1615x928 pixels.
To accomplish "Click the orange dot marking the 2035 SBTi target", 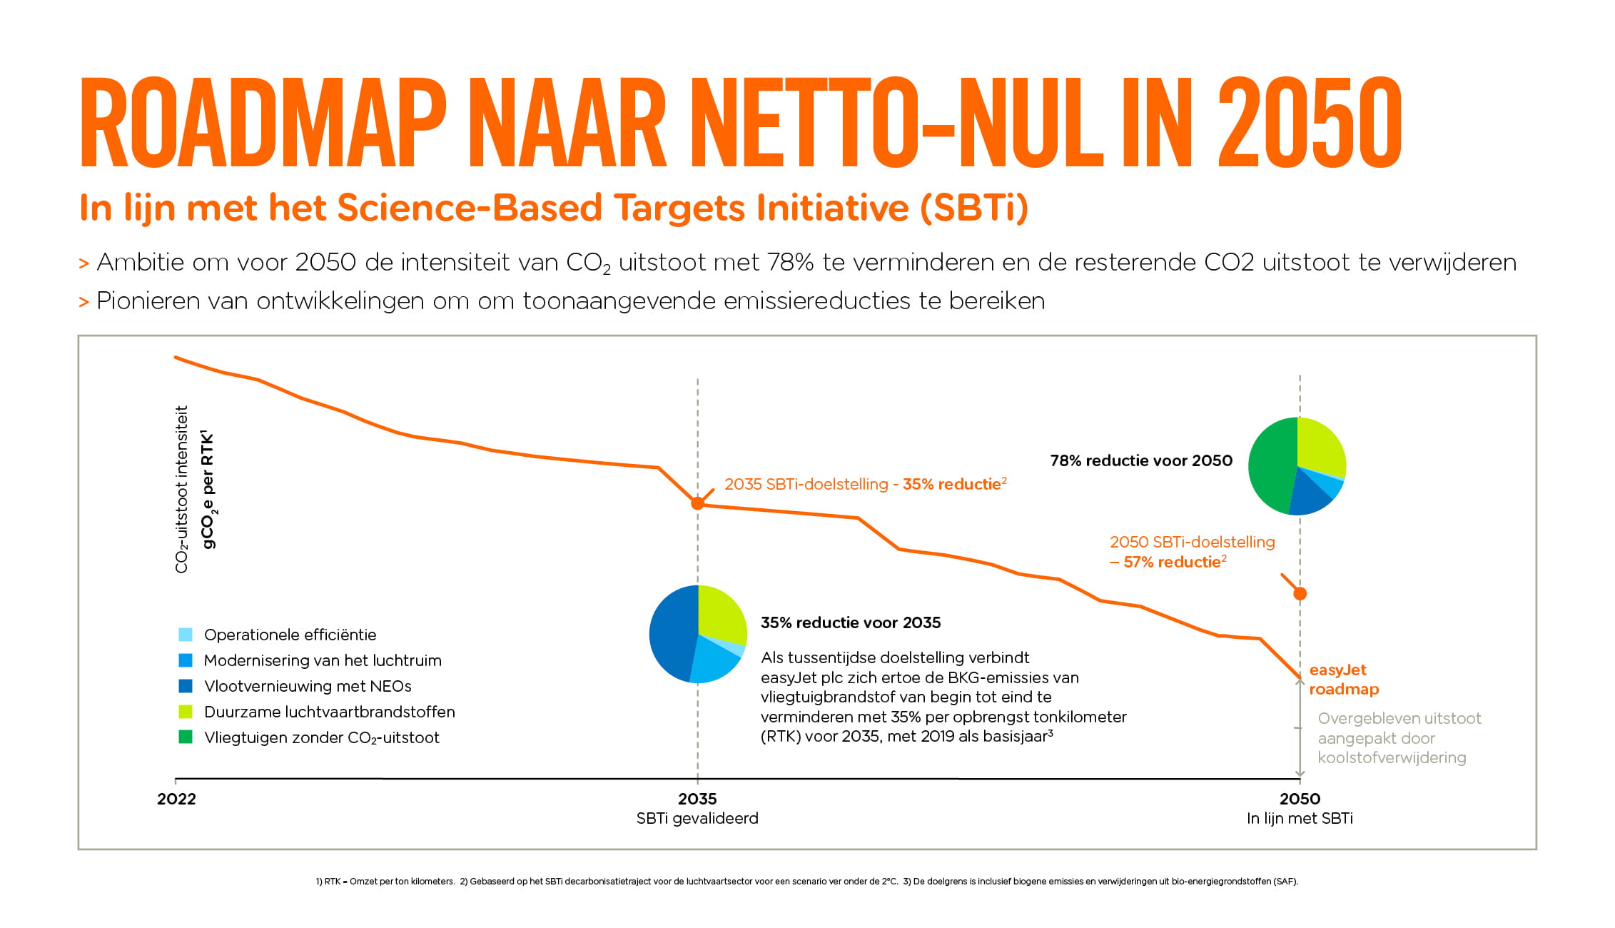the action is point(698,503).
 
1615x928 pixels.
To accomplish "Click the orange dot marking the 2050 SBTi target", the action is point(1300,593).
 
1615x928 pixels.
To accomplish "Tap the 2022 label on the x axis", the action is point(176,799).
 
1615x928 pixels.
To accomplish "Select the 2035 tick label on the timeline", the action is point(697,799).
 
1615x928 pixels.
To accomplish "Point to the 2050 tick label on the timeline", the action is point(1300,799).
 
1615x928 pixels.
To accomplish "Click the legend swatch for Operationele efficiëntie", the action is point(186,635).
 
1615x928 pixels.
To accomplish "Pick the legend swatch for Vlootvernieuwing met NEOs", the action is point(186,686).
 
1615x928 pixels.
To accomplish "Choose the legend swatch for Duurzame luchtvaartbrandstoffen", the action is point(186,712).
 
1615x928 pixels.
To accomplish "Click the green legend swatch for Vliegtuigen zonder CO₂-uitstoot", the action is point(186,737).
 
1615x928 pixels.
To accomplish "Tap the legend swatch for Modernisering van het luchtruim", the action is point(186,660).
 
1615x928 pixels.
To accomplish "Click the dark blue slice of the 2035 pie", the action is point(671,632).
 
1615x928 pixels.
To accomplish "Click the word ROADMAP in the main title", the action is point(263,123).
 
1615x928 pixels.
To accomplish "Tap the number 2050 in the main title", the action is point(1310,123).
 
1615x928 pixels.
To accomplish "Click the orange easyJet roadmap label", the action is point(1344,680).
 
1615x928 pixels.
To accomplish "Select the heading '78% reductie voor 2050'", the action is point(1141,461).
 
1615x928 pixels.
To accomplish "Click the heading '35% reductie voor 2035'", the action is point(851,622).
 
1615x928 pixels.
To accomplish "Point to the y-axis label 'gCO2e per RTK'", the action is point(208,490).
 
